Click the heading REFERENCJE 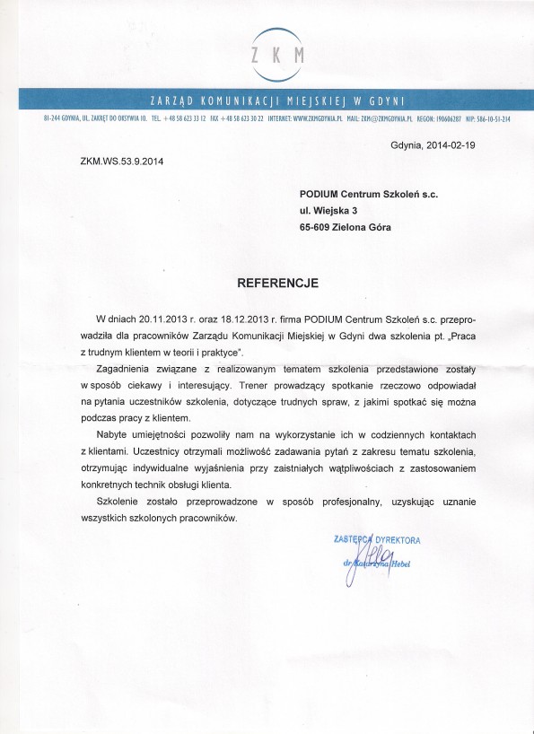(x=277, y=282)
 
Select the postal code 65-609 (x=318, y=228)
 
